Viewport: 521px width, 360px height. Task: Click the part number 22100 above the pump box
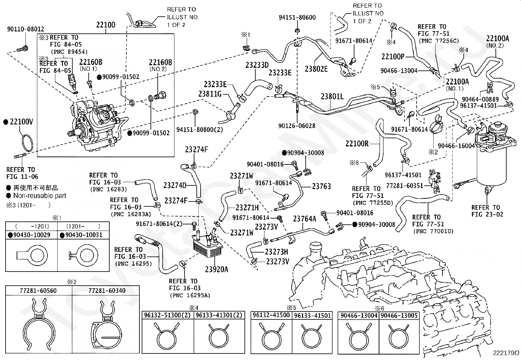[106, 25]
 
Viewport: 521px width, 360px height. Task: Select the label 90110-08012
[26, 29]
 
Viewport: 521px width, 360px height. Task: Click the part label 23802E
[316, 69]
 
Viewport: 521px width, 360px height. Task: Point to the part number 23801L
[332, 96]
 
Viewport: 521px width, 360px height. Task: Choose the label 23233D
[257, 65]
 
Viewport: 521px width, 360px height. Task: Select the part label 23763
[321, 186]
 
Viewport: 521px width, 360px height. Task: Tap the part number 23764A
[305, 219]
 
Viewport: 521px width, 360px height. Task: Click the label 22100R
[357, 144]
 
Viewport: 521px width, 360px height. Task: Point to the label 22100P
[393, 57]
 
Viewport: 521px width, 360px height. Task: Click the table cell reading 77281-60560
[38, 291]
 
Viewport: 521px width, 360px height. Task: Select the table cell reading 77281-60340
[107, 291]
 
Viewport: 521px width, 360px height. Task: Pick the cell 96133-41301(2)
[219, 315]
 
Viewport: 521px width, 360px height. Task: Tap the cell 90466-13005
[399, 315]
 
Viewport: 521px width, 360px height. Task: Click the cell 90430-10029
[32, 235]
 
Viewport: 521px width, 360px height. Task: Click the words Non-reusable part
[40, 196]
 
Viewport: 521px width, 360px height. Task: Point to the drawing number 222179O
[506, 353]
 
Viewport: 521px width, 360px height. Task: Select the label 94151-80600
[297, 17]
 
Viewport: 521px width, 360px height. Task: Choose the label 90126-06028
[297, 126]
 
